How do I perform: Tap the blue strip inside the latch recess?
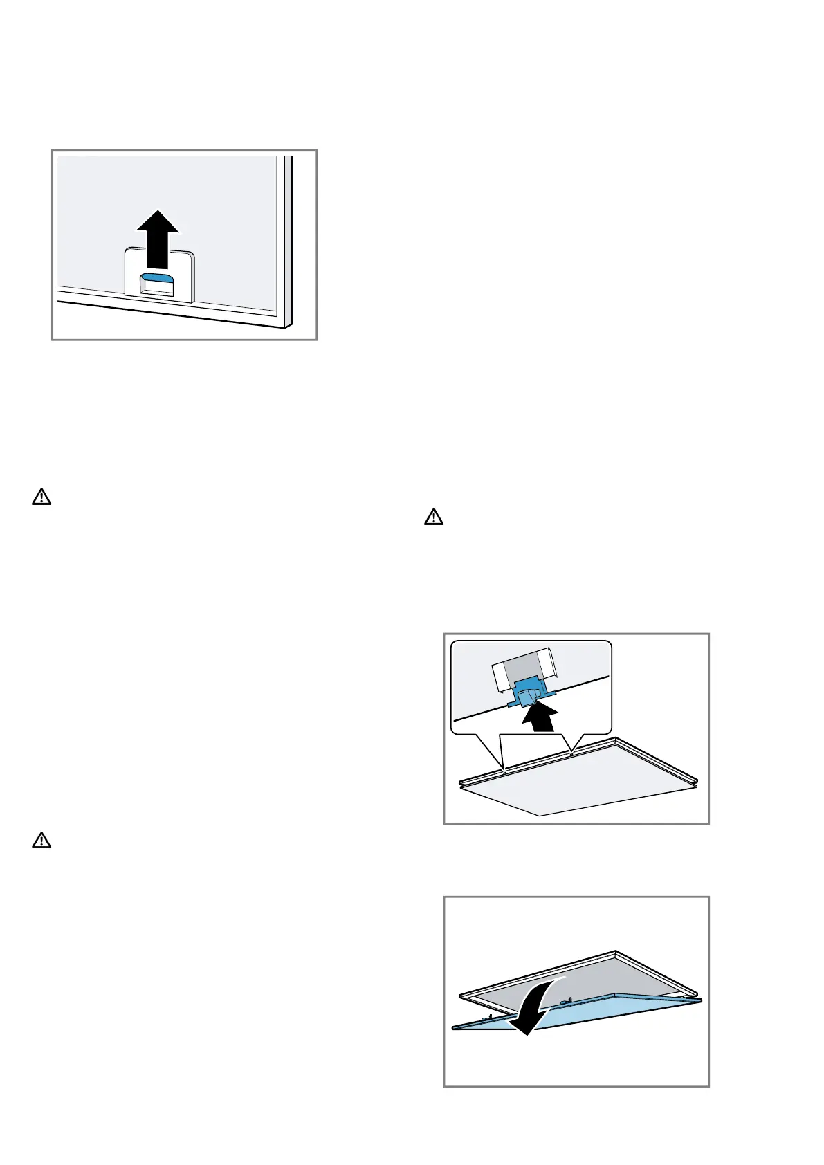(158, 278)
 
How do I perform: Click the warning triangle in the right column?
(433, 517)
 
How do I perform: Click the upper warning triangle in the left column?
(42, 497)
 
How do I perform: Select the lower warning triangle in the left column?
(42, 841)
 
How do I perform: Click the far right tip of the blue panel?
(700, 1000)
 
